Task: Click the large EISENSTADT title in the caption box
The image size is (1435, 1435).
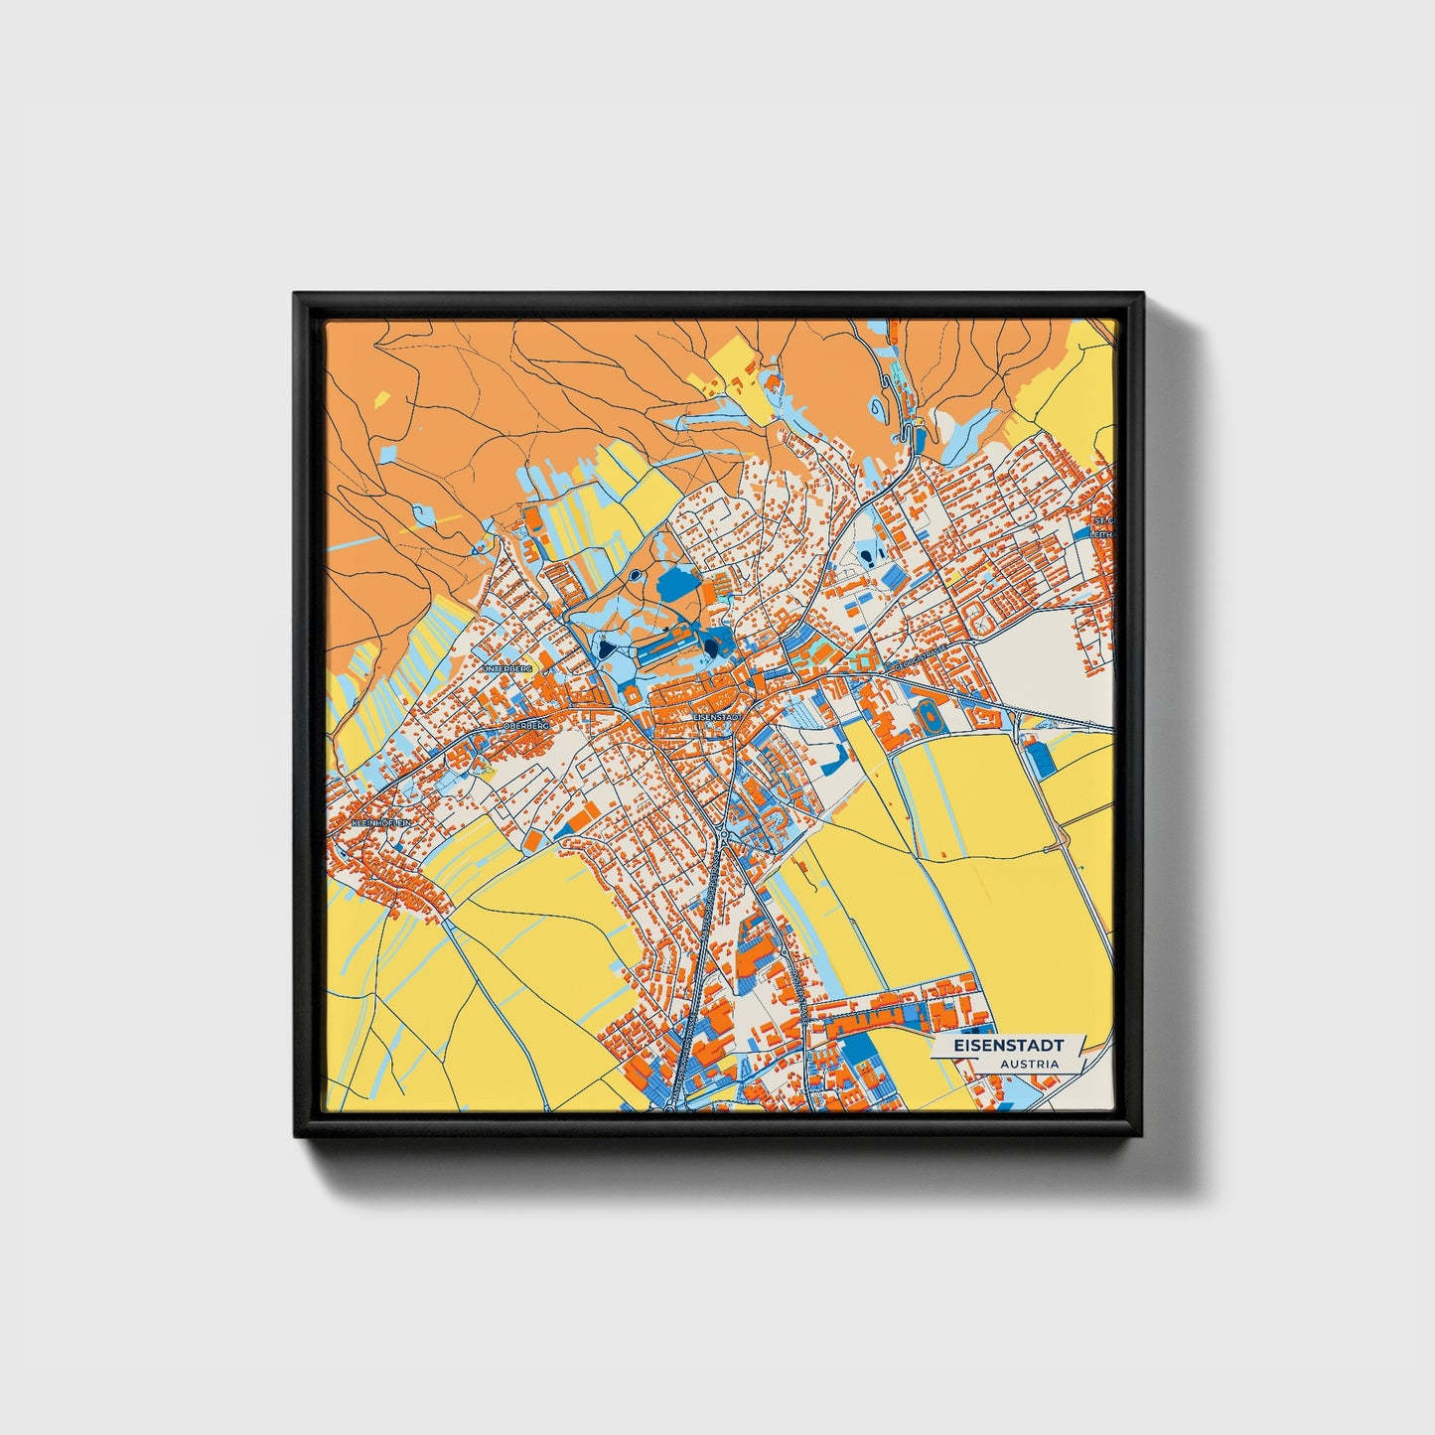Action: [x=1008, y=1046]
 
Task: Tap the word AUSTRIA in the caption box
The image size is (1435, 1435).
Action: [x=1029, y=1064]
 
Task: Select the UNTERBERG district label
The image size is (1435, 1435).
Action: [x=506, y=669]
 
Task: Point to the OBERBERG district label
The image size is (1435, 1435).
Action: [x=525, y=726]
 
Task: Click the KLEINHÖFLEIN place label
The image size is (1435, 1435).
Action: [x=379, y=823]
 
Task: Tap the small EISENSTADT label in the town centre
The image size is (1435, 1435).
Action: [x=718, y=716]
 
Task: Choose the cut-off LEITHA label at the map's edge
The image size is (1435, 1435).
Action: [x=1104, y=533]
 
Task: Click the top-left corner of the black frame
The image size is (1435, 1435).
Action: [x=296, y=295]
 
